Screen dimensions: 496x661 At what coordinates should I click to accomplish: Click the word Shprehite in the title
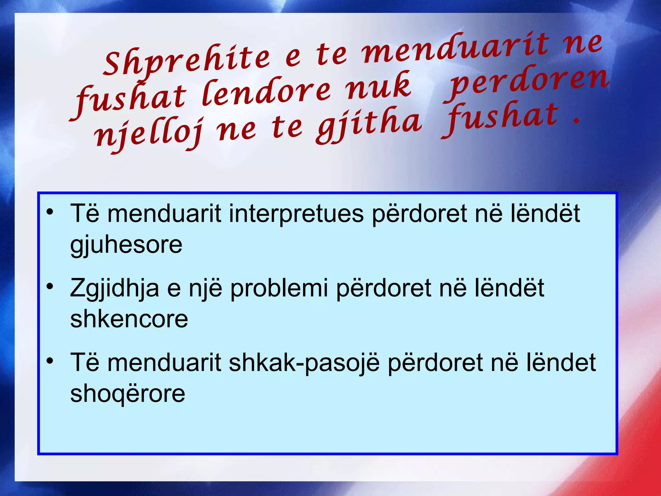[x=187, y=61]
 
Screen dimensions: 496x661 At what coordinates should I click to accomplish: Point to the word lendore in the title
[x=266, y=92]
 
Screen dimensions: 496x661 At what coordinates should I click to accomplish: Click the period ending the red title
[x=576, y=122]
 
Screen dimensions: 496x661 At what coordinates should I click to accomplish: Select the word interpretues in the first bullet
[x=296, y=214]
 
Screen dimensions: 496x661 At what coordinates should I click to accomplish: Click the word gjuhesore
[x=126, y=245]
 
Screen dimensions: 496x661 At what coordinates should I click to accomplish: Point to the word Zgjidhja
[x=115, y=288]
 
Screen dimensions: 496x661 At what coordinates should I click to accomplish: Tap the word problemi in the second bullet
[x=279, y=288]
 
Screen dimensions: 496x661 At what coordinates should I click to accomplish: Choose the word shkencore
[x=129, y=319]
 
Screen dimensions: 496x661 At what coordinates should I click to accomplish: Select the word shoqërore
[x=128, y=394]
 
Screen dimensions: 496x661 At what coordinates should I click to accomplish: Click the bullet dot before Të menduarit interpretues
[x=50, y=212]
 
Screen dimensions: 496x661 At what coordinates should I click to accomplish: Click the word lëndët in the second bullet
[x=509, y=288]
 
